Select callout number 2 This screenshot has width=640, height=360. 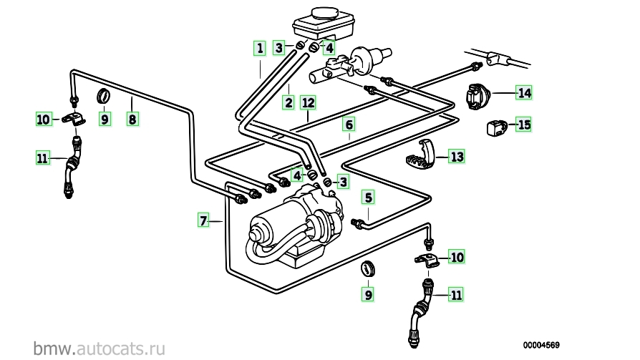click(289, 102)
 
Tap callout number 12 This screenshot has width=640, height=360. click(308, 102)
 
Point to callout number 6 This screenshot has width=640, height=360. click(349, 125)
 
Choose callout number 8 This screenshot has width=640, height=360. click(132, 119)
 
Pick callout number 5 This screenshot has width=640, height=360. click(369, 197)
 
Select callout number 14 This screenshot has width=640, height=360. click(525, 92)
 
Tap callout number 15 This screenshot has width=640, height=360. click(525, 125)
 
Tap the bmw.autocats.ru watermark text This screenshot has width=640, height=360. click(100, 348)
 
